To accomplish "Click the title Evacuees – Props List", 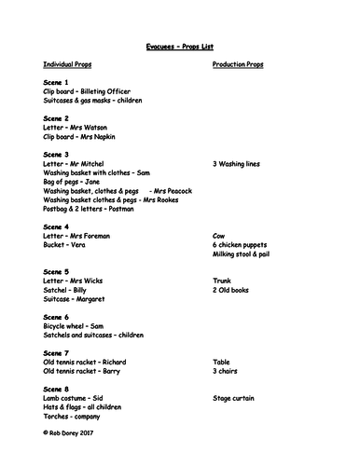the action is pyautogui.click(x=179, y=44).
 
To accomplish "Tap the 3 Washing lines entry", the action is pyautogui.click(x=239, y=163).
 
